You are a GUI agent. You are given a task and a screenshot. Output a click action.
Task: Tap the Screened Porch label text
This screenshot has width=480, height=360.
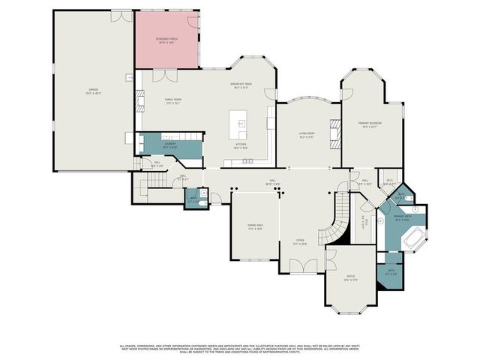(x=166, y=40)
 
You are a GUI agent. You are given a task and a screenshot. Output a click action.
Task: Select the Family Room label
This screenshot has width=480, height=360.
(x=174, y=101)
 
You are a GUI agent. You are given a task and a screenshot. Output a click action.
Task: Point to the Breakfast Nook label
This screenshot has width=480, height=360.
(x=241, y=86)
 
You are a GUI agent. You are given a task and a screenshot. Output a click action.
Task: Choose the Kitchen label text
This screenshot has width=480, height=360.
(x=241, y=145)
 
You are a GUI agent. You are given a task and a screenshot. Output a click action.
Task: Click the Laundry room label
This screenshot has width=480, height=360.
(x=170, y=146)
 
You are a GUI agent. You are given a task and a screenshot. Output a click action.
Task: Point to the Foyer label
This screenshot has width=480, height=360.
(x=300, y=242)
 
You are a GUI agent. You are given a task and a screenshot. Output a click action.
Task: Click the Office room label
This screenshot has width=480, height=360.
(x=350, y=278)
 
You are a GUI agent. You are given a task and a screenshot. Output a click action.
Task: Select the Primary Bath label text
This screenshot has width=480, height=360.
(x=402, y=218)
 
